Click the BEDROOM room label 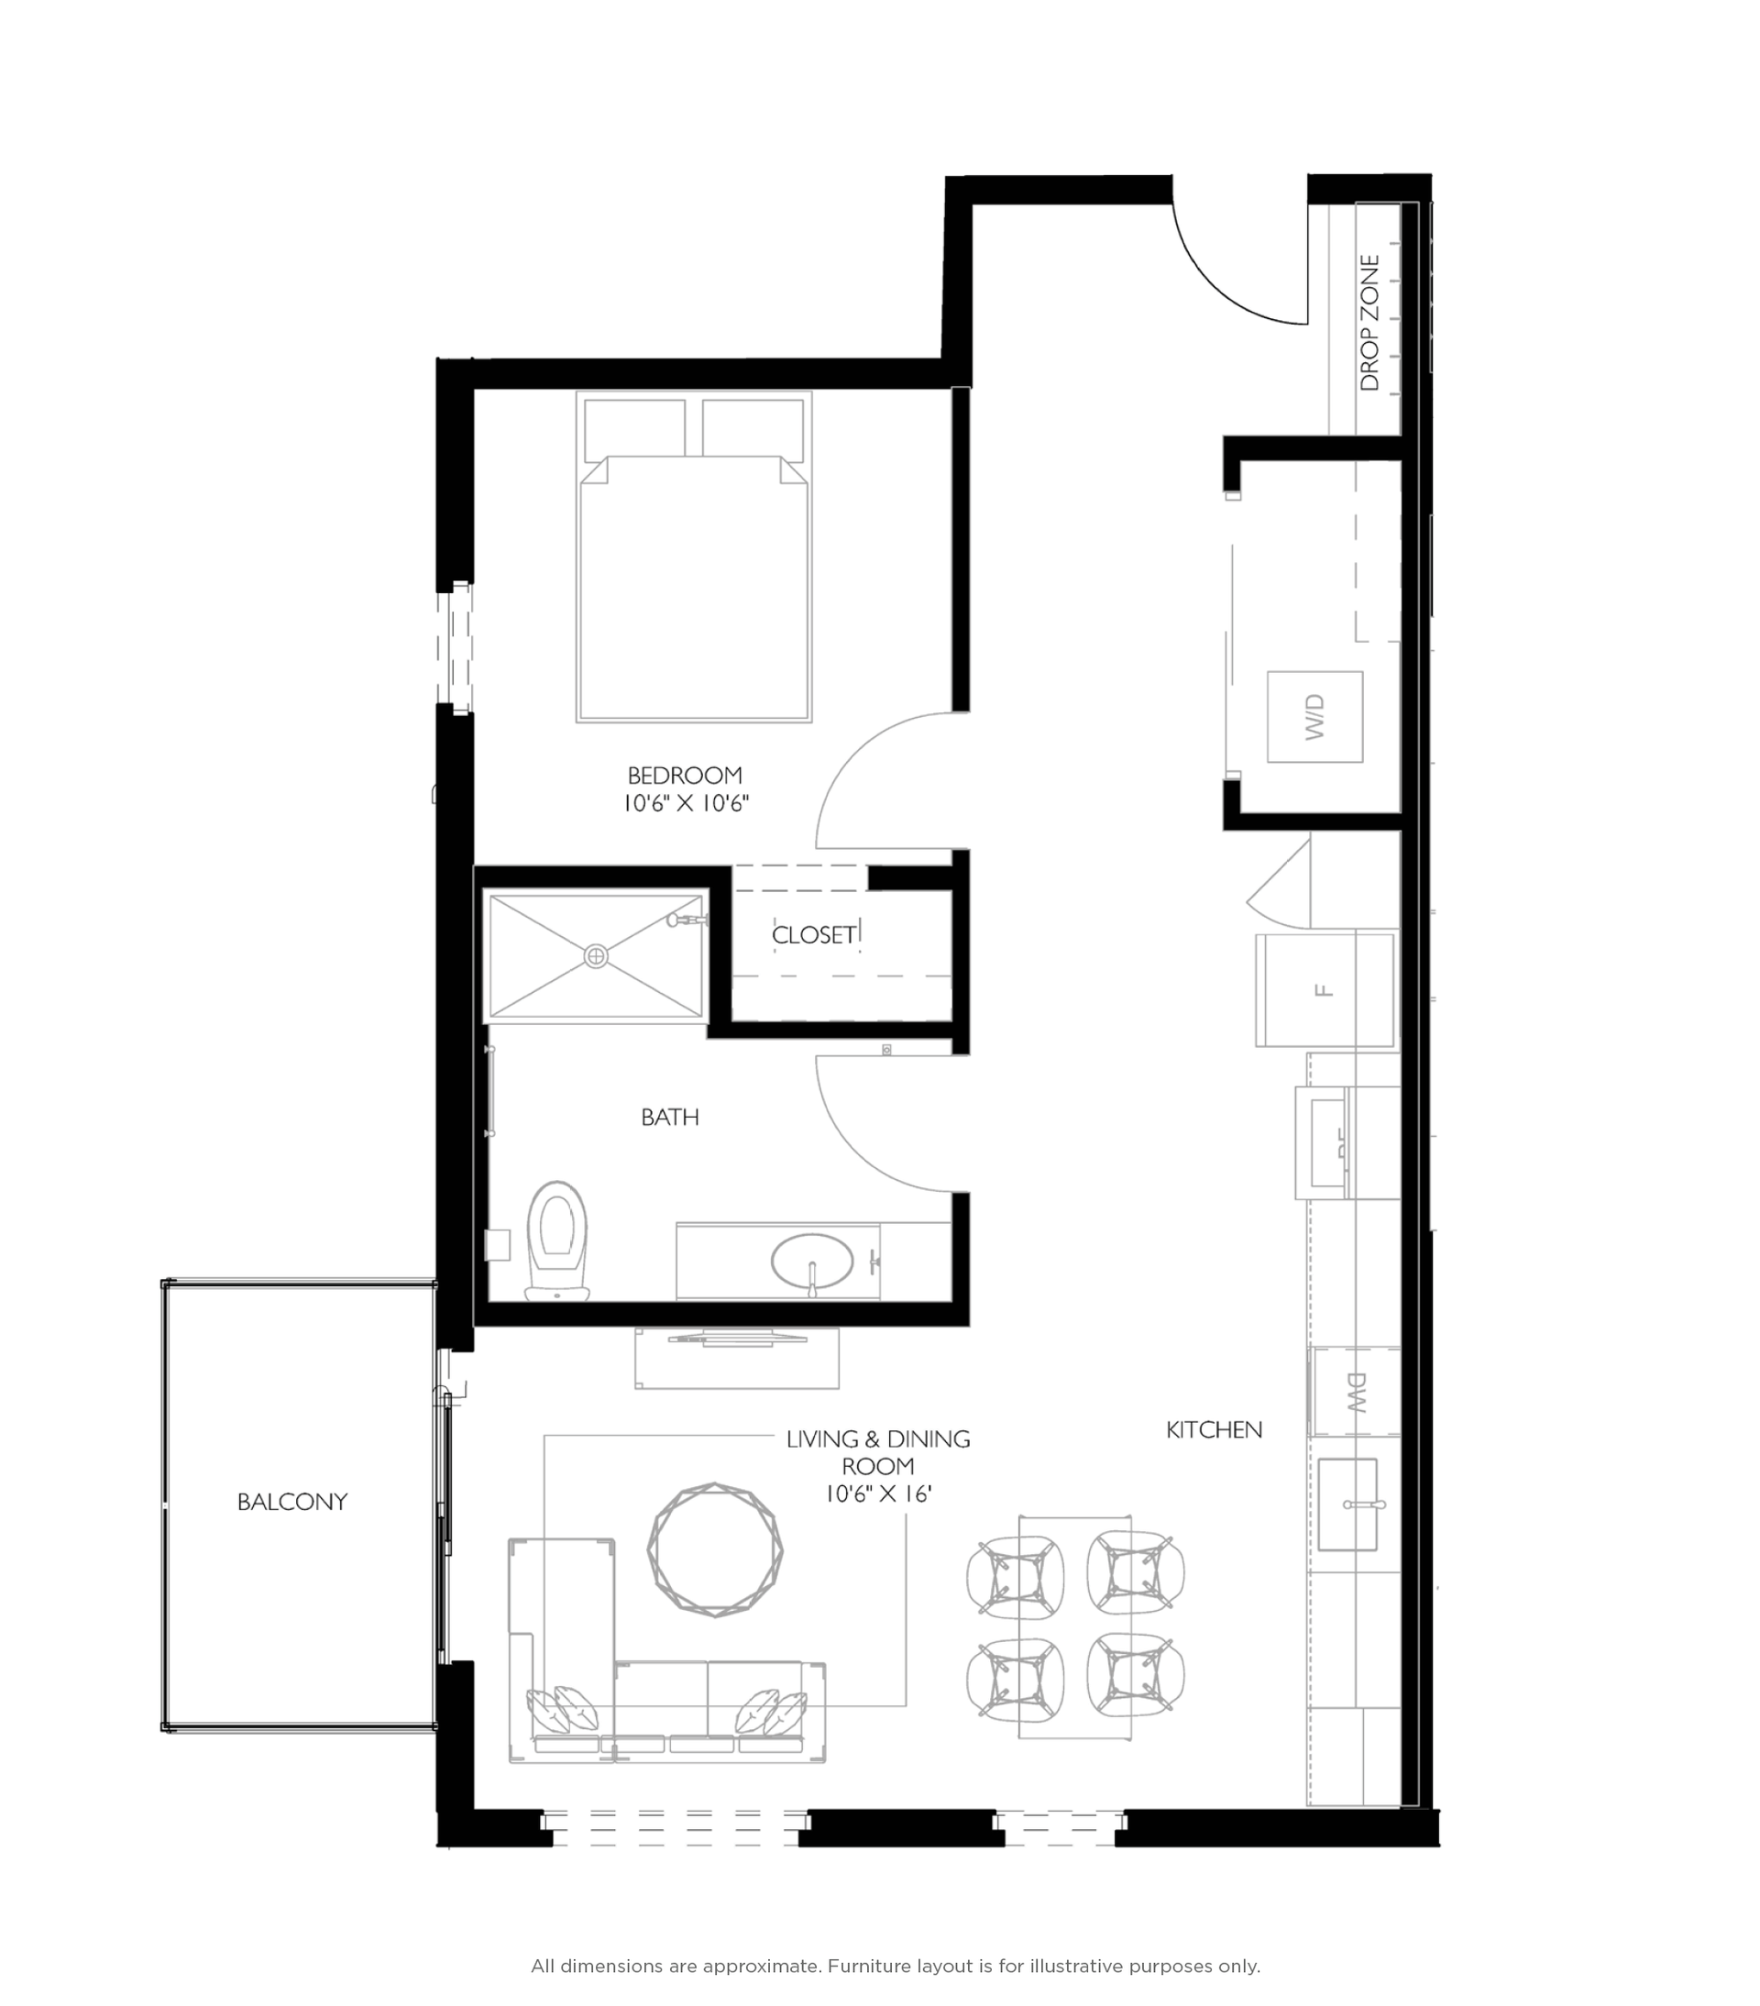(685, 776)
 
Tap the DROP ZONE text (1369, 323)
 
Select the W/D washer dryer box (1314, 716)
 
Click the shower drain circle (596, 956)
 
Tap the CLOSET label (813, 934)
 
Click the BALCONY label (292, 1502)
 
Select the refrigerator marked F (1325, 990)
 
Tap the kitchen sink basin (1347, 1504)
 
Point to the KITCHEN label (1214, 1430)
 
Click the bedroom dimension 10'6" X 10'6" (686, 804)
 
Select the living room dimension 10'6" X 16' (877, 1493)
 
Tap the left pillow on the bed (633, 430)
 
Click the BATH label (669, 1117)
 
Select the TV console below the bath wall (736, 1360)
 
